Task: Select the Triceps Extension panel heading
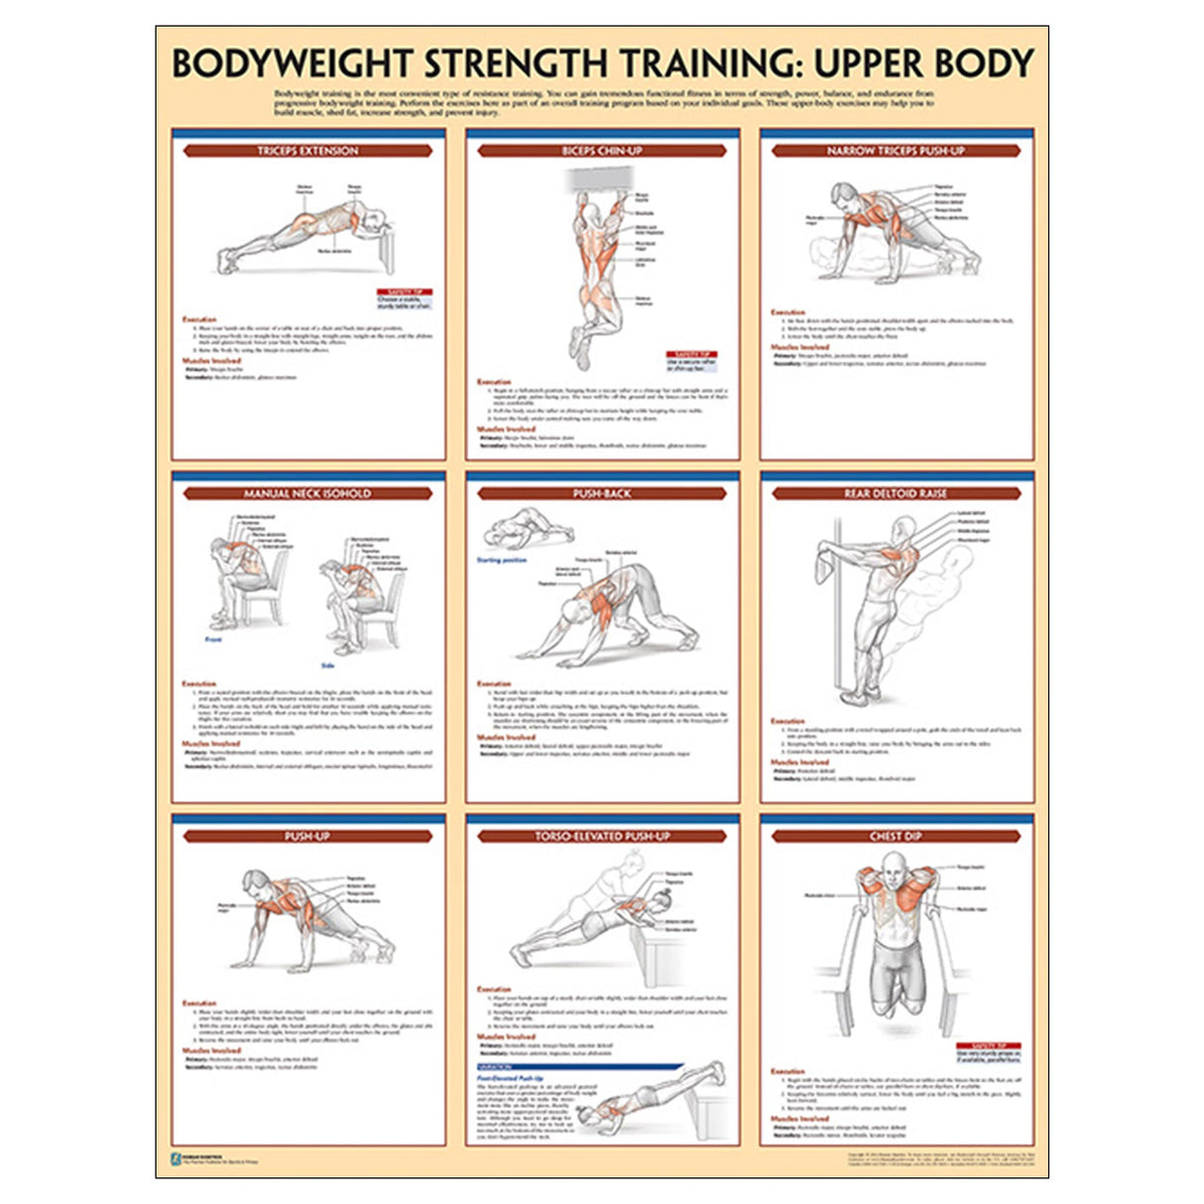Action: [x=307, y=151]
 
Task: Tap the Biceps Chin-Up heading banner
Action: [x=602, y=151]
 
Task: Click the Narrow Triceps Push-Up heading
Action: [x=896, y=151]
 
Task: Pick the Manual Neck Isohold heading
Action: [x=307, y=493]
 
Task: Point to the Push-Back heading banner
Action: [x=602, y=493]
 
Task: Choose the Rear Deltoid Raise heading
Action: [x=896, y=493]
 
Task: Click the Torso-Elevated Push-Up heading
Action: [x=602, y=836]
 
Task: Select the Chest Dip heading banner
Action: [x=896, y=836]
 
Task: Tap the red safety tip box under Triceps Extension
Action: [x=405, y=300]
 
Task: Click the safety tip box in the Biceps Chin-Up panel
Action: [x=691, y=361]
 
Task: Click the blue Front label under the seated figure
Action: [x=213, y=640]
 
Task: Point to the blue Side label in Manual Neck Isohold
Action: [x=327, y=665]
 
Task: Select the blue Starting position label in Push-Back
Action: [x=502, y=560]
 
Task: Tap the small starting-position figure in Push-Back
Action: [x=527, y=529]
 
